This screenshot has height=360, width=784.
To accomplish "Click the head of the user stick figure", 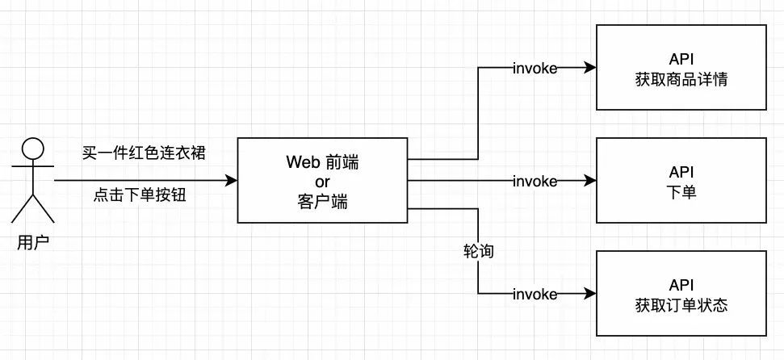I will click(31, 149).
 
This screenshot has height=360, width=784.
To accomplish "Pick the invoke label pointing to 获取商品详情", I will click(535, 68).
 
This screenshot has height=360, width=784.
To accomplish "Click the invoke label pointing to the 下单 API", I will click(535, 181).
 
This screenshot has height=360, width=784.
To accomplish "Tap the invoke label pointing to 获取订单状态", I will click(535, 294).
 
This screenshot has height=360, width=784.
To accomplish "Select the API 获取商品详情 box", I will click(681, 68).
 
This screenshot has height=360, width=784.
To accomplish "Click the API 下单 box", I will click(681, 180).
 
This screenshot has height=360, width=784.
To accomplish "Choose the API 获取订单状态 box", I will click(681, 294).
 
